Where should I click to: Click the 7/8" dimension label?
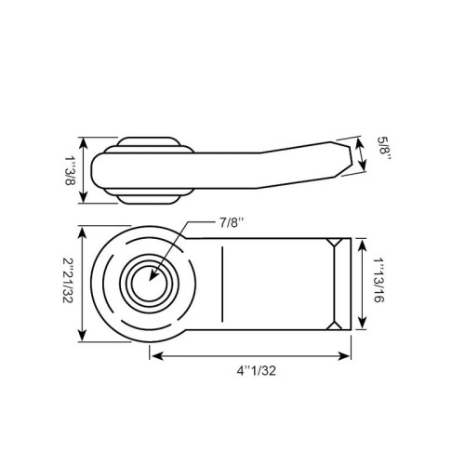point(232,223)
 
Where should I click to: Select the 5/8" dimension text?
point(385,149)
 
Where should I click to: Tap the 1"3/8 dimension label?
point(70,170)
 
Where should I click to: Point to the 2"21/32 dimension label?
point(68,280)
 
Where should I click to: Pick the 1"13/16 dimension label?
point(379,280)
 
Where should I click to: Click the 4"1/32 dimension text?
point(257,371)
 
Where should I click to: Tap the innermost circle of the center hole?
point(150,284)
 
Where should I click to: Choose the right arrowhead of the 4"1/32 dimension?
point(344,356)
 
